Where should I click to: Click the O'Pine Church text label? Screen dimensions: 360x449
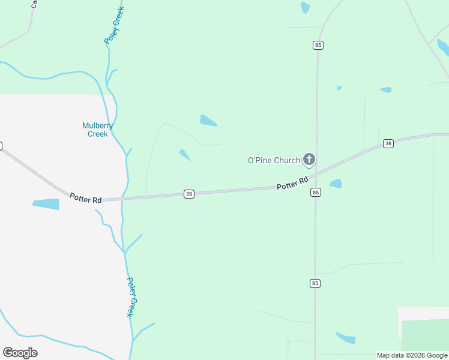tap(274, 160)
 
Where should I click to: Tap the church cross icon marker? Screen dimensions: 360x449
tap(309, 159)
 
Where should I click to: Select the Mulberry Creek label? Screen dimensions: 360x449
tap(97, 130)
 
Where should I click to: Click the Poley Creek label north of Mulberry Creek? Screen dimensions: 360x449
tap(114, 26)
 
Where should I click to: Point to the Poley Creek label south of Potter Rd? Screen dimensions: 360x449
tap(133, 296)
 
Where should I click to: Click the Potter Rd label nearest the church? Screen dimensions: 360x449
tap(292, 183)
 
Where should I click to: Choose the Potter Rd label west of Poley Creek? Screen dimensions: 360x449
tap(85, 198)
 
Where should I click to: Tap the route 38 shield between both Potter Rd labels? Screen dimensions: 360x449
tap(189, 194)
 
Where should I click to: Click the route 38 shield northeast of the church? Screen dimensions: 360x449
tap(388, 143)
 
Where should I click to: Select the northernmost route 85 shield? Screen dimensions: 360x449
tap(318, 45)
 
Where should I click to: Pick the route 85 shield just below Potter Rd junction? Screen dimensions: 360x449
tap(316, 193)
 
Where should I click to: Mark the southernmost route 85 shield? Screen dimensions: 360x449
tap(315, 283)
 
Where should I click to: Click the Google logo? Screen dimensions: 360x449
tap(20, 353)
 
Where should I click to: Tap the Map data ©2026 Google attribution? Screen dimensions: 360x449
tap(412, 355)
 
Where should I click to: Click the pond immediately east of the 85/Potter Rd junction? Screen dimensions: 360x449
tap(336, 184)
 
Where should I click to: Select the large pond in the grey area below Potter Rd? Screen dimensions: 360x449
tap(46, 204)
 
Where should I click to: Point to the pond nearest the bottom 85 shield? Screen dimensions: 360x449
tap(346, 338)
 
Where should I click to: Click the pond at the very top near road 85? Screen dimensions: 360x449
tap(306, 8)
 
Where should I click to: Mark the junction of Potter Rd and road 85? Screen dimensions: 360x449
tap(316, 175)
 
